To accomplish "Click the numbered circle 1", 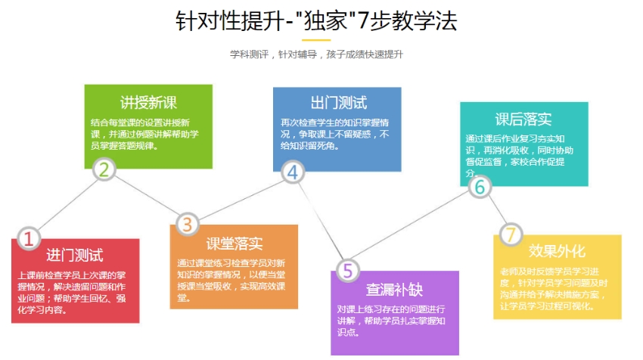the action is (29, 238).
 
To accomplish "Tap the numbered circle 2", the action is (104, 169).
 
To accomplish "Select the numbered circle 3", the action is (188, 225).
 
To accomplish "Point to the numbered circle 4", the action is (293, 172).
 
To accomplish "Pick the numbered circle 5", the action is (348, 270).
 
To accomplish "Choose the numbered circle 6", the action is (480, 187).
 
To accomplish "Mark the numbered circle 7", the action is (511, 235).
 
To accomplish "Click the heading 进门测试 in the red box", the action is (75, 255).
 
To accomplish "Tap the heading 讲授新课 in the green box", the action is (148, 103).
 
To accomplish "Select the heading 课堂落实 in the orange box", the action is (235, 244).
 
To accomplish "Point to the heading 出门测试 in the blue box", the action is (339, 103).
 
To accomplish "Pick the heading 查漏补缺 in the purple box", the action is (394, 290).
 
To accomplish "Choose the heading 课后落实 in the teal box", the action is (523, 119).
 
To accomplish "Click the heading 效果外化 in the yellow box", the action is (557, 251).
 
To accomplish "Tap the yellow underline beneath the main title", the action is (316, 40).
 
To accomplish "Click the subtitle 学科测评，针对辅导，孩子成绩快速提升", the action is (316, 54).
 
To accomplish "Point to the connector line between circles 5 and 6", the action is (412, 229).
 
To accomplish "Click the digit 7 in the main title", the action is (363, 21).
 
